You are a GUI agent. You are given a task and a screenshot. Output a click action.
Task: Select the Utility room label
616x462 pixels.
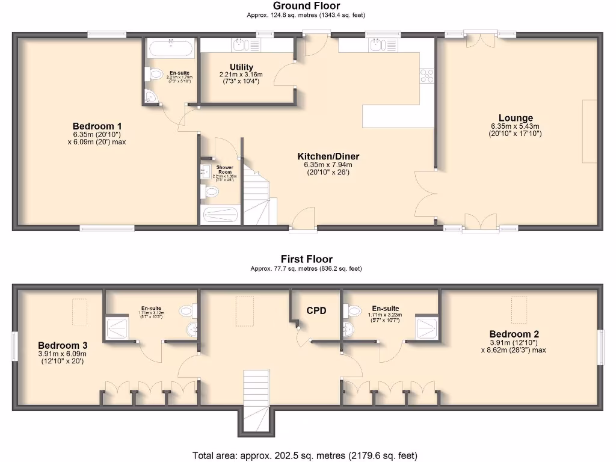241,67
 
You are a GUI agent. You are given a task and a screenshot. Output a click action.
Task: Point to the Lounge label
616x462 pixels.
515,118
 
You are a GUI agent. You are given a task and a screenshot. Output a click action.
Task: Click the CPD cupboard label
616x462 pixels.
316,310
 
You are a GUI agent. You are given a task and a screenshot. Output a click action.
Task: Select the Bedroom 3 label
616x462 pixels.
63,345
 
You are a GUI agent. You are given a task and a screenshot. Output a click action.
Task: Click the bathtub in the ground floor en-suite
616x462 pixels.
171,48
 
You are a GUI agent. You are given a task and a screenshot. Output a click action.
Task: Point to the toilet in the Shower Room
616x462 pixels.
211,191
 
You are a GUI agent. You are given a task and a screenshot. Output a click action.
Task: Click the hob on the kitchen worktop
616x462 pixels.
427,75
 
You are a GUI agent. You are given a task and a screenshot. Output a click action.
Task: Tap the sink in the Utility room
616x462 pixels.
239,45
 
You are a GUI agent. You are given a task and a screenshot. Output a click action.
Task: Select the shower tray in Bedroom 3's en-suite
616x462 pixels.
119,328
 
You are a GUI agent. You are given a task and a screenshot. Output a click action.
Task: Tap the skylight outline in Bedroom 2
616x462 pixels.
519,307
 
